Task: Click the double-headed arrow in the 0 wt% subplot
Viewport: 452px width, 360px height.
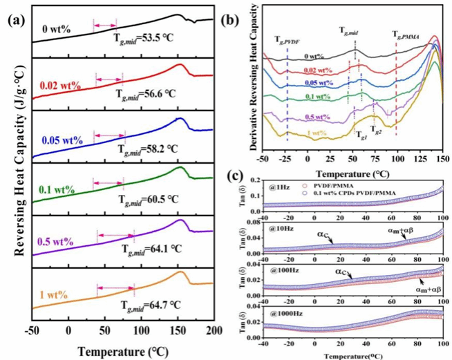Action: (105, 26)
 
